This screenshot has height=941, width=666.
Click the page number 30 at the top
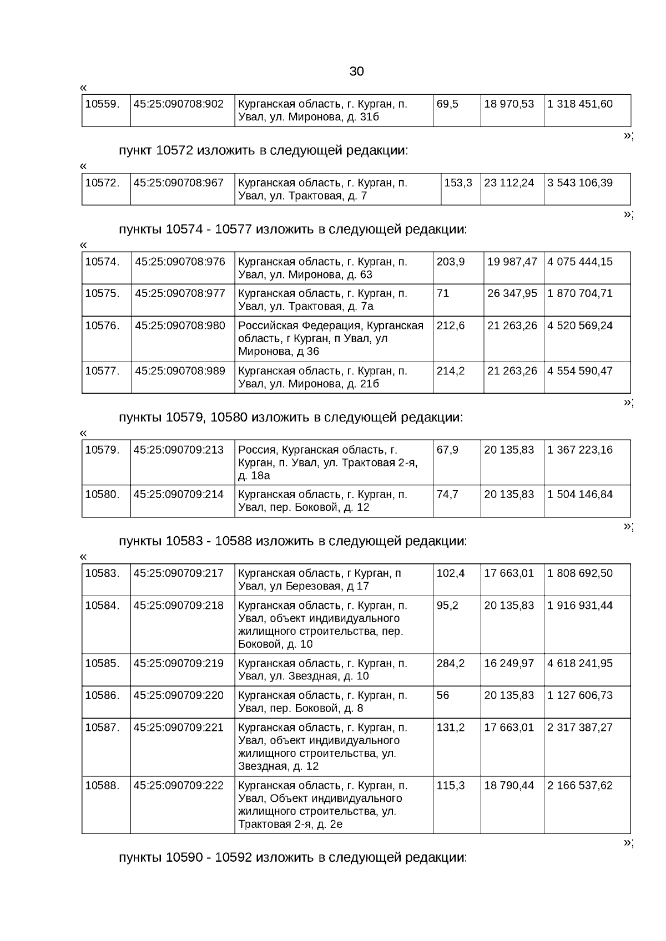[x=356, y=72]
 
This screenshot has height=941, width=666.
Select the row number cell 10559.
[x=102, y=104]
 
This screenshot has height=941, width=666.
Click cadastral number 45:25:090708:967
[x=179, y=183]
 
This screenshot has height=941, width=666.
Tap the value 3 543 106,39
[x=580, y=183]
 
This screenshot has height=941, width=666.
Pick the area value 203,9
[x=451, y=262]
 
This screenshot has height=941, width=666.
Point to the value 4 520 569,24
[x=580, y=325]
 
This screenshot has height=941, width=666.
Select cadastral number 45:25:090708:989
[x=180, y=371]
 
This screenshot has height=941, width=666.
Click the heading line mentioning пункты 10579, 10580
[x=290, y=418]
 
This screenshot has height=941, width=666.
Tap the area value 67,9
[x=447, y=450]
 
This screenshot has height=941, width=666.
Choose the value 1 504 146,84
[x=580, y=495]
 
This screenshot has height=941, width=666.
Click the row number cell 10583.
[x=102, y=573]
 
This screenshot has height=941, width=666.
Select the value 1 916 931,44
[x=580, y=606]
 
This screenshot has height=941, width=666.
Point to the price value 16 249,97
[x=509, y=664]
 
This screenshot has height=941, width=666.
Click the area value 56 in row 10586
[x=443, y=696]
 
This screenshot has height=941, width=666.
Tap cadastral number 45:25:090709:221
[x=179, y=728]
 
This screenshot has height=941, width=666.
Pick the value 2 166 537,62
[x=580, y=786]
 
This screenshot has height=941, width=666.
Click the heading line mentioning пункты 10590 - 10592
[x=292, y=858]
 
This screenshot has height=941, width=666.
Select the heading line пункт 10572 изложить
[x=263, y=151]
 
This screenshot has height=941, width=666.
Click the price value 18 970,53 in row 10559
[x=509, y=104]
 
